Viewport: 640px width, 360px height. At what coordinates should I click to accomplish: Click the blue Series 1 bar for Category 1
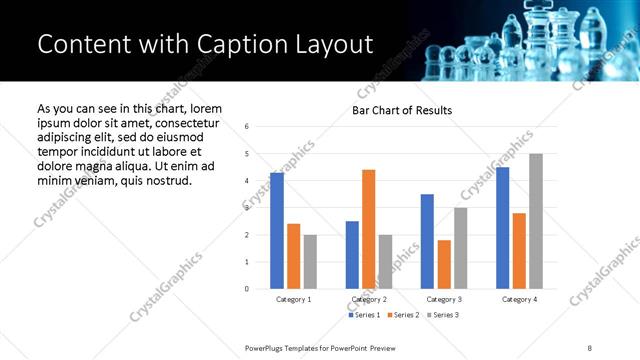pos(277,231)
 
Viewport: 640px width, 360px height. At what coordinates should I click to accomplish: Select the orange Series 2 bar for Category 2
pos(368,229)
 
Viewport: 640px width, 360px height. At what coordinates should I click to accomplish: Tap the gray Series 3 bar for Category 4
pos(536,221)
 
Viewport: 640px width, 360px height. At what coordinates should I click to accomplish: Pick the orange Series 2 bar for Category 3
pos(444,265)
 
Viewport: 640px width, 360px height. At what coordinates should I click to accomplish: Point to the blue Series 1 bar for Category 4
pos(502,228)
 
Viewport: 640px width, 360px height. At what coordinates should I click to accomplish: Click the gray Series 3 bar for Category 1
pos(310,262)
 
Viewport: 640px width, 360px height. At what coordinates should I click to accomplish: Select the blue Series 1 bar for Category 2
pos(352,255)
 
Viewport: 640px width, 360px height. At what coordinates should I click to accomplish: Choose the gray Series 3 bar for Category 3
pos(460,248)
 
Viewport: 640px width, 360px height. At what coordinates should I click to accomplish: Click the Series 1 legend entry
pos(364,315)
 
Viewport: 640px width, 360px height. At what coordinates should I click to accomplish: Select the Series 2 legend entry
pos(403,315)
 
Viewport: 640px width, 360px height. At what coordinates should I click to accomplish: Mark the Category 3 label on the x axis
pos(444,299)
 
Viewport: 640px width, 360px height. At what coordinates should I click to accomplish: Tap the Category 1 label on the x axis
pos(293,299)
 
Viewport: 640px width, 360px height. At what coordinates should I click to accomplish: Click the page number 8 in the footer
pos(590,347)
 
